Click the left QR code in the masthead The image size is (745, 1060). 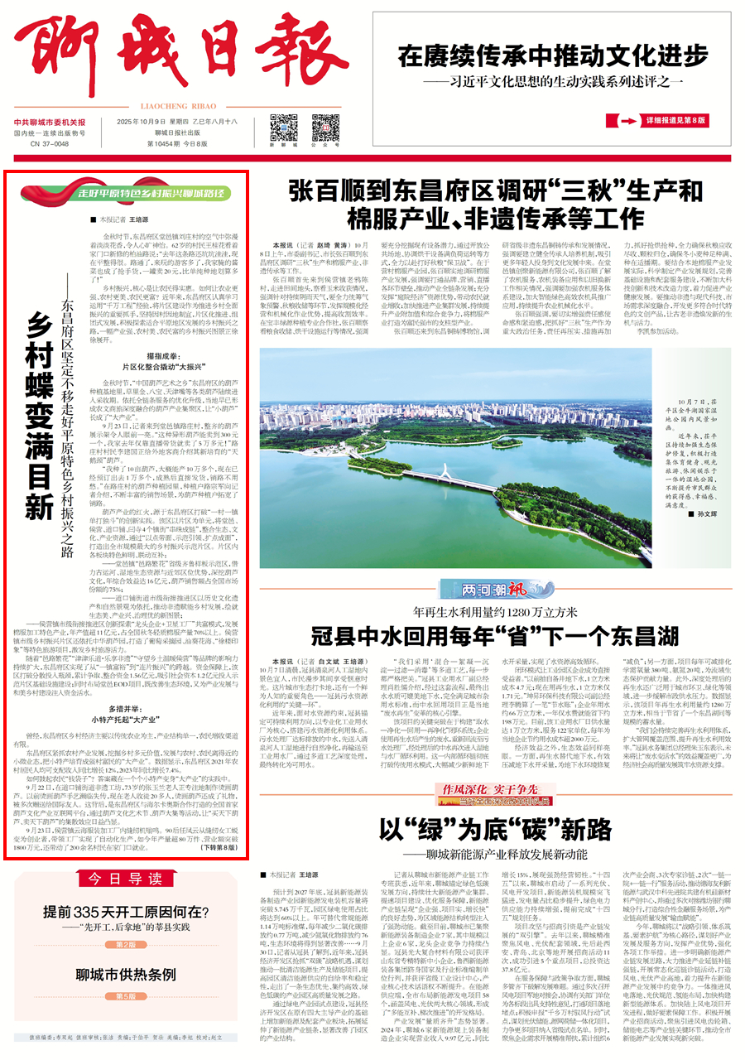283,128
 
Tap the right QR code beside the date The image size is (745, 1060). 325,128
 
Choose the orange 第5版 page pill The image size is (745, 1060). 125,997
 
